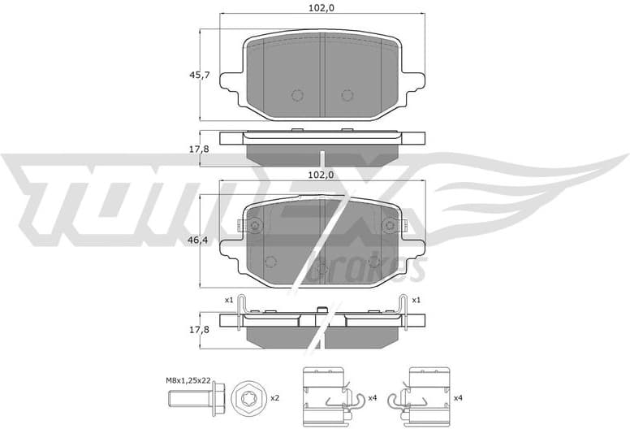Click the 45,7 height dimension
[x=200, y=76]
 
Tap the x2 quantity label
[x=274, y=398]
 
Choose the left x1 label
[x=229, y=301]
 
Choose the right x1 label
[x=416, y=301]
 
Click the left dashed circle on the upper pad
[x=297, y=95]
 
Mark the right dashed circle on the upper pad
[x=347, y=95]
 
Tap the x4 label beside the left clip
[x=372, y=398]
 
